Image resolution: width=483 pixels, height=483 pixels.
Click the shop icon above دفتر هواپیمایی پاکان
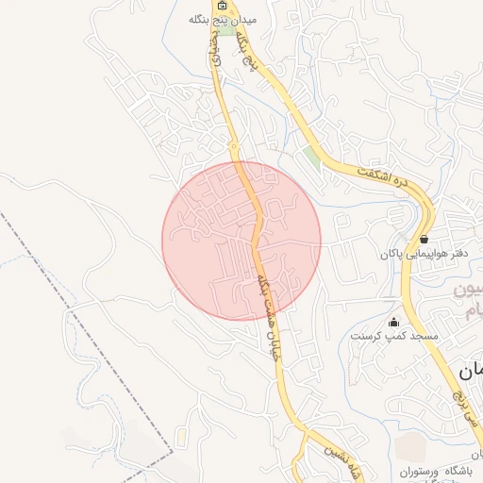tap(424, 239)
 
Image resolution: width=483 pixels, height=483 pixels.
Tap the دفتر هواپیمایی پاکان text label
tap(424, 254)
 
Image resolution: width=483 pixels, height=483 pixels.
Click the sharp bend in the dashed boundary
tap(174, 454)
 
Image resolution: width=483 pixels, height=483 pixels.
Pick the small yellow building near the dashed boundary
tap(180, 439)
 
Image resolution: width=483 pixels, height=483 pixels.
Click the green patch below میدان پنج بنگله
tap(226, 31)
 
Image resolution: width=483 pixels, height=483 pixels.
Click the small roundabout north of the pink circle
tap(233, 147)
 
